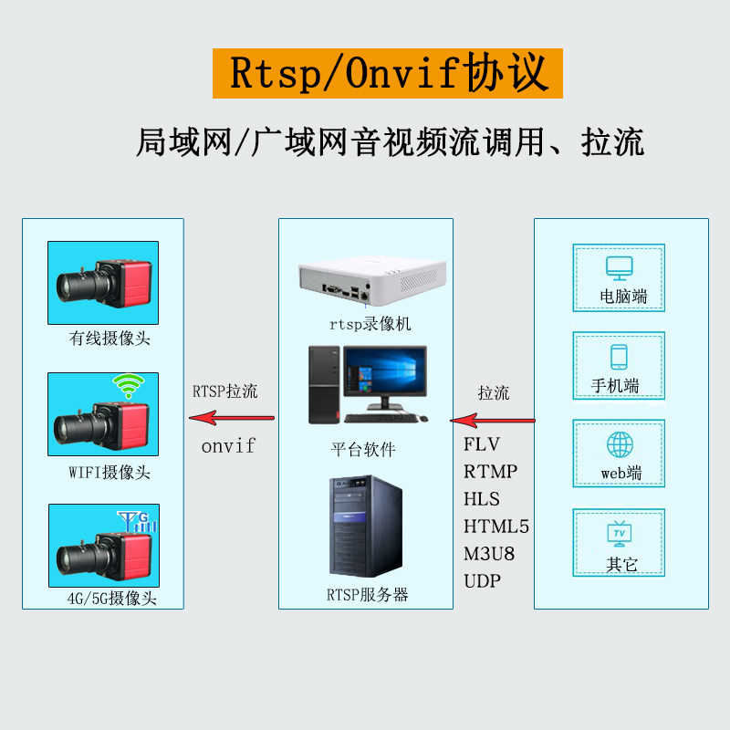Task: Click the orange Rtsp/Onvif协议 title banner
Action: pos(388,73)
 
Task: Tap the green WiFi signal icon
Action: pos(125,387)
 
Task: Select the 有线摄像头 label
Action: pos(109,339)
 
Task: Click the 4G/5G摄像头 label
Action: pos(112,599)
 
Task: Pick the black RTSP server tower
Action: pos(366,529)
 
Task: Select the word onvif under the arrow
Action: pos(228,446)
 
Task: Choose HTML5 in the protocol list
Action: pos(496,527)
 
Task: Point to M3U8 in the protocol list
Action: pos(489,554)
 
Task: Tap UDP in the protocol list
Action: pos(482,581)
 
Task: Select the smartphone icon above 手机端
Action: pos(620,356)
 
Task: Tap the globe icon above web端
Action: pos(620,444)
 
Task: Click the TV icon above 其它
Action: pos(620,533)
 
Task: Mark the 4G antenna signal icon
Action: pos(139,521)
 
